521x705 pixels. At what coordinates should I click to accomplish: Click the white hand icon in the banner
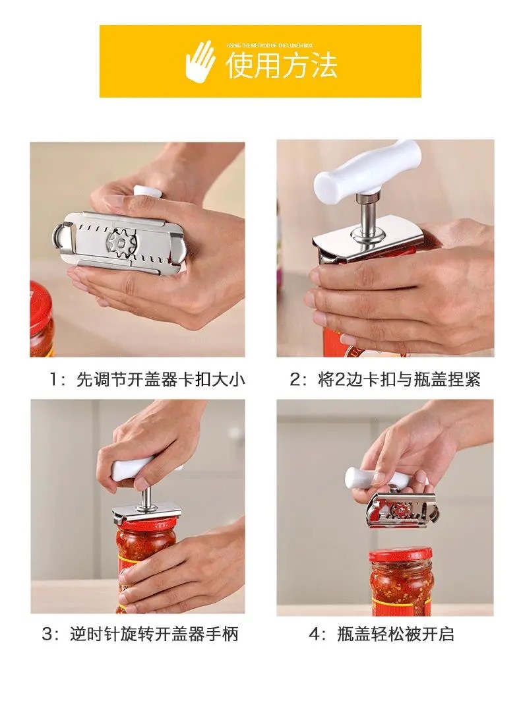(200, 60)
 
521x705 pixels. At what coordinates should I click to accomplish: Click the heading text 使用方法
(282, 66)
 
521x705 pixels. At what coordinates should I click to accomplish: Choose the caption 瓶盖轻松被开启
(396, 634)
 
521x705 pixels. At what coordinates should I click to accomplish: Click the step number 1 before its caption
(54, 381)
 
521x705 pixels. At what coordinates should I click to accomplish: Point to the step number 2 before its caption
(295, 381)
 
